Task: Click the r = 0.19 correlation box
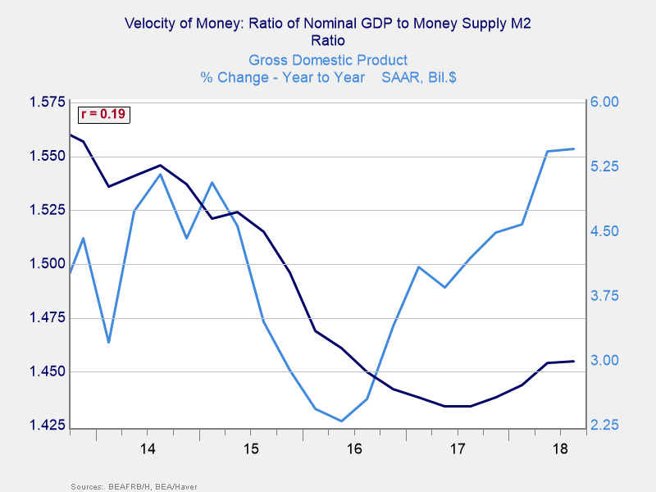tap(102, 115)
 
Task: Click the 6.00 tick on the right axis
tap(605, 102)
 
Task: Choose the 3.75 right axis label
tap(605, 296)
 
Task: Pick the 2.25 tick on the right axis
tap(605, 426)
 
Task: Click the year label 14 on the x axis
tap(148, 449)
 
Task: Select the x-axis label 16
tap(354, 449)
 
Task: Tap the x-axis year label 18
tap(561, 449)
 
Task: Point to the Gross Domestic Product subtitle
tap(328, 60)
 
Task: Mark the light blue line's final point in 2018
tap(573, 149)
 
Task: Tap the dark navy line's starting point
tap(71, 134)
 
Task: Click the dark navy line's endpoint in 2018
tap(573, 361)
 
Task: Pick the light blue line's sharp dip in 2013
tap(109, 342)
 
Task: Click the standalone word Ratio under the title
tap(328, 40)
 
